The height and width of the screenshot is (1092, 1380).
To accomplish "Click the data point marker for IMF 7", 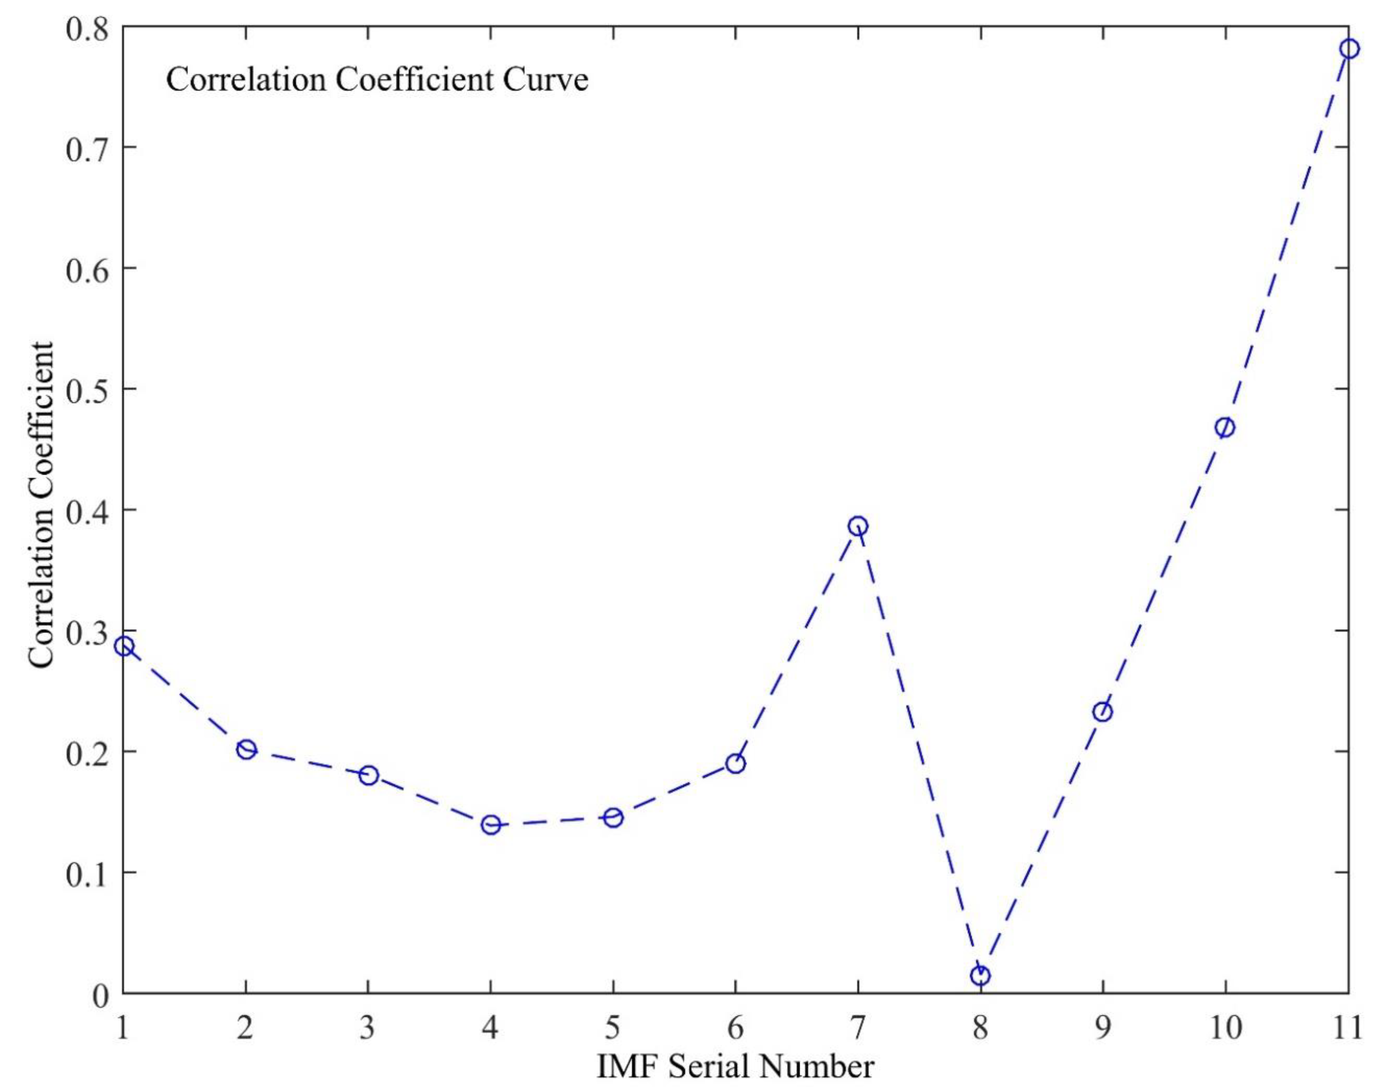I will [858, 526].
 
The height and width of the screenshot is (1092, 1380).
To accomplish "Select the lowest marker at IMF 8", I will [981, 976].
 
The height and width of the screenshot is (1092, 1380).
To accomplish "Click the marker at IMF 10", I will [1225, 428].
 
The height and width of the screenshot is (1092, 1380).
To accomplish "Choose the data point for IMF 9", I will [1103, 712].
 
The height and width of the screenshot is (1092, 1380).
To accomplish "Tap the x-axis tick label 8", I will [981, 1028].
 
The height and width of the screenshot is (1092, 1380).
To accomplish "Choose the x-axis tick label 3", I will [368, 1028].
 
